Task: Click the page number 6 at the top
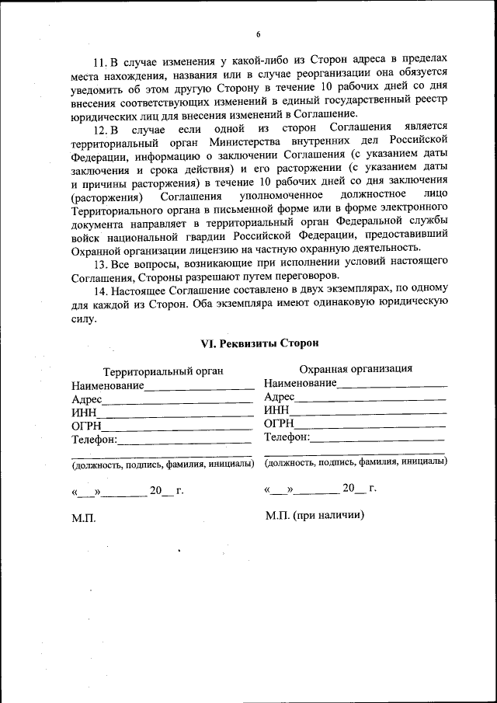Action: [258, 33]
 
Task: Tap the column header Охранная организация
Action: [356, 369]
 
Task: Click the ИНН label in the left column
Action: [83, 412]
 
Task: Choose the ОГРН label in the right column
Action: [279, 423]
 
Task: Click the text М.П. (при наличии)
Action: [315, 515]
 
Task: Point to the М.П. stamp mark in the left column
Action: [83, 518]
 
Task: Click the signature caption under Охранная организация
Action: [355, 461]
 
